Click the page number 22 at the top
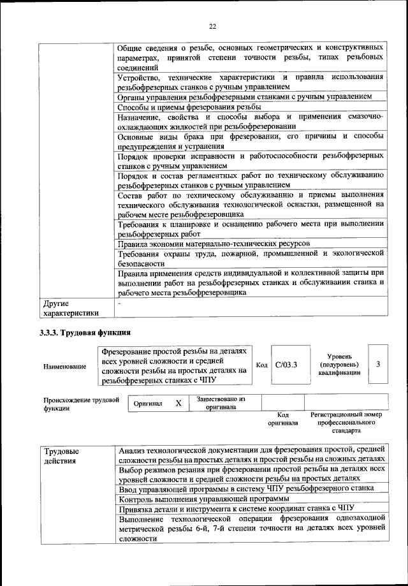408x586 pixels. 212,26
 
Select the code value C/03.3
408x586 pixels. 286,365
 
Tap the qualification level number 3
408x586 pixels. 378,364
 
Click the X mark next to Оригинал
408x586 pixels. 178,404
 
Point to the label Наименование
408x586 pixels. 64,367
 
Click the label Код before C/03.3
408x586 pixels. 261,365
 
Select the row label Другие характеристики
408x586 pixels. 70,309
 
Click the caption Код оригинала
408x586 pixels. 283,419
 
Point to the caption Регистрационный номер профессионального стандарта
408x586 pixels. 346,422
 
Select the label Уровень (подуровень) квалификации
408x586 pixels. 342,364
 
